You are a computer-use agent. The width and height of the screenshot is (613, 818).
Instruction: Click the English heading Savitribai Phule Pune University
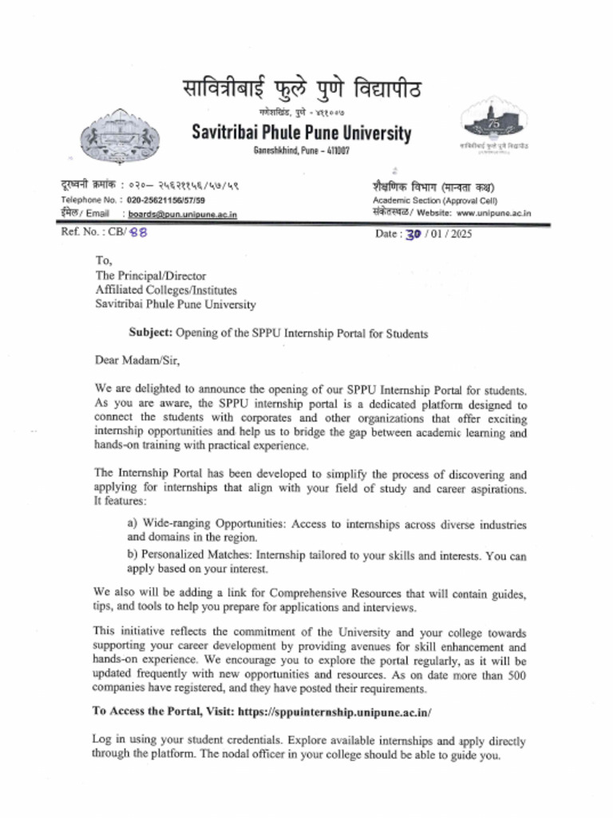[302, 133]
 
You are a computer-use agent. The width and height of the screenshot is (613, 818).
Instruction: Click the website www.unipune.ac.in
[494, 213]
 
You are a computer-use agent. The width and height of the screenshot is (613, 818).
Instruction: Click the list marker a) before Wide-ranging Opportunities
[132, 525]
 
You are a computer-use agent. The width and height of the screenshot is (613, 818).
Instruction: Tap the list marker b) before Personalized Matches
[132, 555]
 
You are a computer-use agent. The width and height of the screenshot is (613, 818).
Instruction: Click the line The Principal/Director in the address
[151, 276]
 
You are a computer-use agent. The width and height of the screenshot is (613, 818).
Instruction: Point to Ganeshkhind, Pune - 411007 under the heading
[302, 151]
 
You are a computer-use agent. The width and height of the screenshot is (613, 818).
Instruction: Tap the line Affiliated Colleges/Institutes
[166, 290]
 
